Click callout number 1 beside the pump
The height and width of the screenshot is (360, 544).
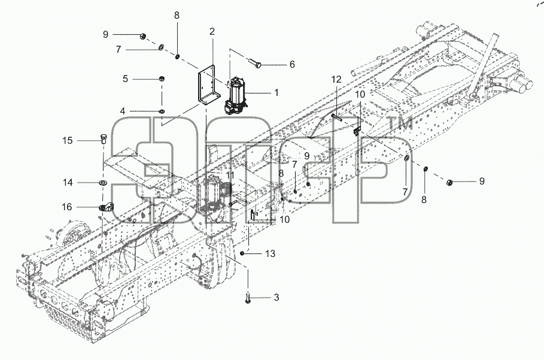tap(276, 93)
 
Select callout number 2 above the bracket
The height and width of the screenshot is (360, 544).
tap(212, 32)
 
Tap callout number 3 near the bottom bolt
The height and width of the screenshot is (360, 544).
tap(276, 298)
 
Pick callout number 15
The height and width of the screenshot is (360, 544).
tap(68, 141)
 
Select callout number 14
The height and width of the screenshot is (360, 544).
tap(68, 182)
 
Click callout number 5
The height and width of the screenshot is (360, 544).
tap(125, 79)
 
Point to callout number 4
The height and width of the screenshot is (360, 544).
tap(123, 111)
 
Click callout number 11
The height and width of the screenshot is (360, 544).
tap(230, 175)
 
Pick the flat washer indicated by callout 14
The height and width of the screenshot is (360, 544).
tap(103, 182)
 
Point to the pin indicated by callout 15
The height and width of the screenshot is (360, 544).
tap(104, 139)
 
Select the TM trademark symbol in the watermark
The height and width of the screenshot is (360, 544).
tap(399, 124)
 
